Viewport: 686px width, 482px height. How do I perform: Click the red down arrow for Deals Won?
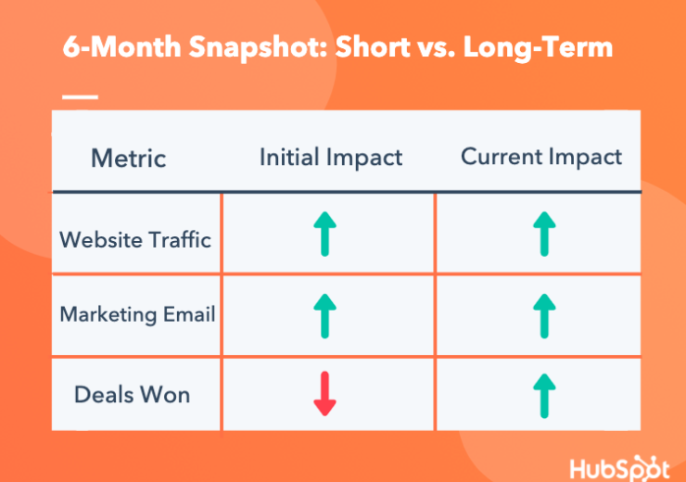pos(325,394)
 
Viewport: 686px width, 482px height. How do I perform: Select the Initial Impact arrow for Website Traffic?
pos(325,234)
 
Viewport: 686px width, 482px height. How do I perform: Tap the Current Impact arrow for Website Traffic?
pos(544,234)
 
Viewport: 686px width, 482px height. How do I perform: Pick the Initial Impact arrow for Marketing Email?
pos(325,316)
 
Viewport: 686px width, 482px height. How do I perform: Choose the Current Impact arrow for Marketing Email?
pos(544,316)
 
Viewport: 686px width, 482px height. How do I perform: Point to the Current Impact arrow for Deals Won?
pos(544,396)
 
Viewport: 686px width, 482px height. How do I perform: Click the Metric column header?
pos(129,158)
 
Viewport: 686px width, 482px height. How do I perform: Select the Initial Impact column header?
pos(331,158)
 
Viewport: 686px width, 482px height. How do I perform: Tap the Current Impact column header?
pos(541,157)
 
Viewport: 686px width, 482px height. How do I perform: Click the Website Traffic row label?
pos(135,240)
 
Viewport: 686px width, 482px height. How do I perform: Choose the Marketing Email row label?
pos(137,314)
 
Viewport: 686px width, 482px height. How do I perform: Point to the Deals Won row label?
pos(133,395)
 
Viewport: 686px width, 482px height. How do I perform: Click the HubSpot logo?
pos(619,468)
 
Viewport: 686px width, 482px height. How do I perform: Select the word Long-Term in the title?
pos(538,46)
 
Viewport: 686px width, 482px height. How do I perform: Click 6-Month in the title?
pos(121,46)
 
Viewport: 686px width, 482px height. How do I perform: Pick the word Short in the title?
pos(373,46)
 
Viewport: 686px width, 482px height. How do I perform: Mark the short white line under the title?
pos(80,96)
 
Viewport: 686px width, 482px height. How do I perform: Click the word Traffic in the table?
pos(180,240)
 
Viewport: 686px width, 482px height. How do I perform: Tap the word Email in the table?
pos(189,314)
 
